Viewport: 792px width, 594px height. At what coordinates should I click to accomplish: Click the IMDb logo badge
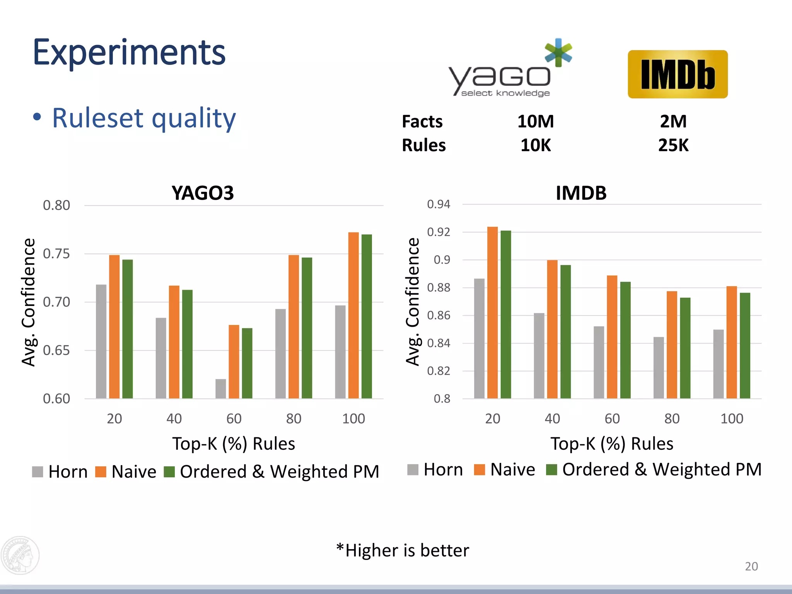[x=678, y=74]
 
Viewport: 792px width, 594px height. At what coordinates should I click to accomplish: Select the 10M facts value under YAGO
[x=536, y=121]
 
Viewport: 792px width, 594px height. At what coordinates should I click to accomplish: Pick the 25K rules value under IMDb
[x=673, y=145]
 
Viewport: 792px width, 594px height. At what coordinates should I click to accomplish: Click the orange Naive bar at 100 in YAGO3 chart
[x=353, y=315]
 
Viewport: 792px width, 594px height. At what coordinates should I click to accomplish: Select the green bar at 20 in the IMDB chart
[x=505, y=314]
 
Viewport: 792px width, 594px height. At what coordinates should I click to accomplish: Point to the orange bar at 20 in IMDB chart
[x=492, y=312]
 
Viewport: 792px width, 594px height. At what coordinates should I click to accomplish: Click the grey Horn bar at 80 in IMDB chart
[x=659, y=367]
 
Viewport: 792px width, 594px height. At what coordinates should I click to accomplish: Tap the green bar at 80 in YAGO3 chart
[x=307, y=328]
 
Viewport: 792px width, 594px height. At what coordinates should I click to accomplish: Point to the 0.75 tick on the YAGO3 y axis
[x=56, y=254]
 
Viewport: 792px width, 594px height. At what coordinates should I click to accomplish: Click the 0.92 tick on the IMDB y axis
[x=439, y=232]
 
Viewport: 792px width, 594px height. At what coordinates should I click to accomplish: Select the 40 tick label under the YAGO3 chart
[x=174, y=418]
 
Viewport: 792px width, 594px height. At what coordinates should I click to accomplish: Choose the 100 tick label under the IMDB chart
[x=732, y=418]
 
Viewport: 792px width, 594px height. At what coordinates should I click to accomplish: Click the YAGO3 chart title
[x=203, y=193]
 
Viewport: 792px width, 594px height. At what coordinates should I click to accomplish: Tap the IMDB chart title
[x=581, y=193]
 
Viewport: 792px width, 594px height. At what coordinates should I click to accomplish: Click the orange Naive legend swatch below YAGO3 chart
[x=101, y=472]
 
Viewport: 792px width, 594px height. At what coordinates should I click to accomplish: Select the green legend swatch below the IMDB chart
[x=551, y=469]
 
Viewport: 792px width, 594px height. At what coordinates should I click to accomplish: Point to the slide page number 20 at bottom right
[x=751, y=566]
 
